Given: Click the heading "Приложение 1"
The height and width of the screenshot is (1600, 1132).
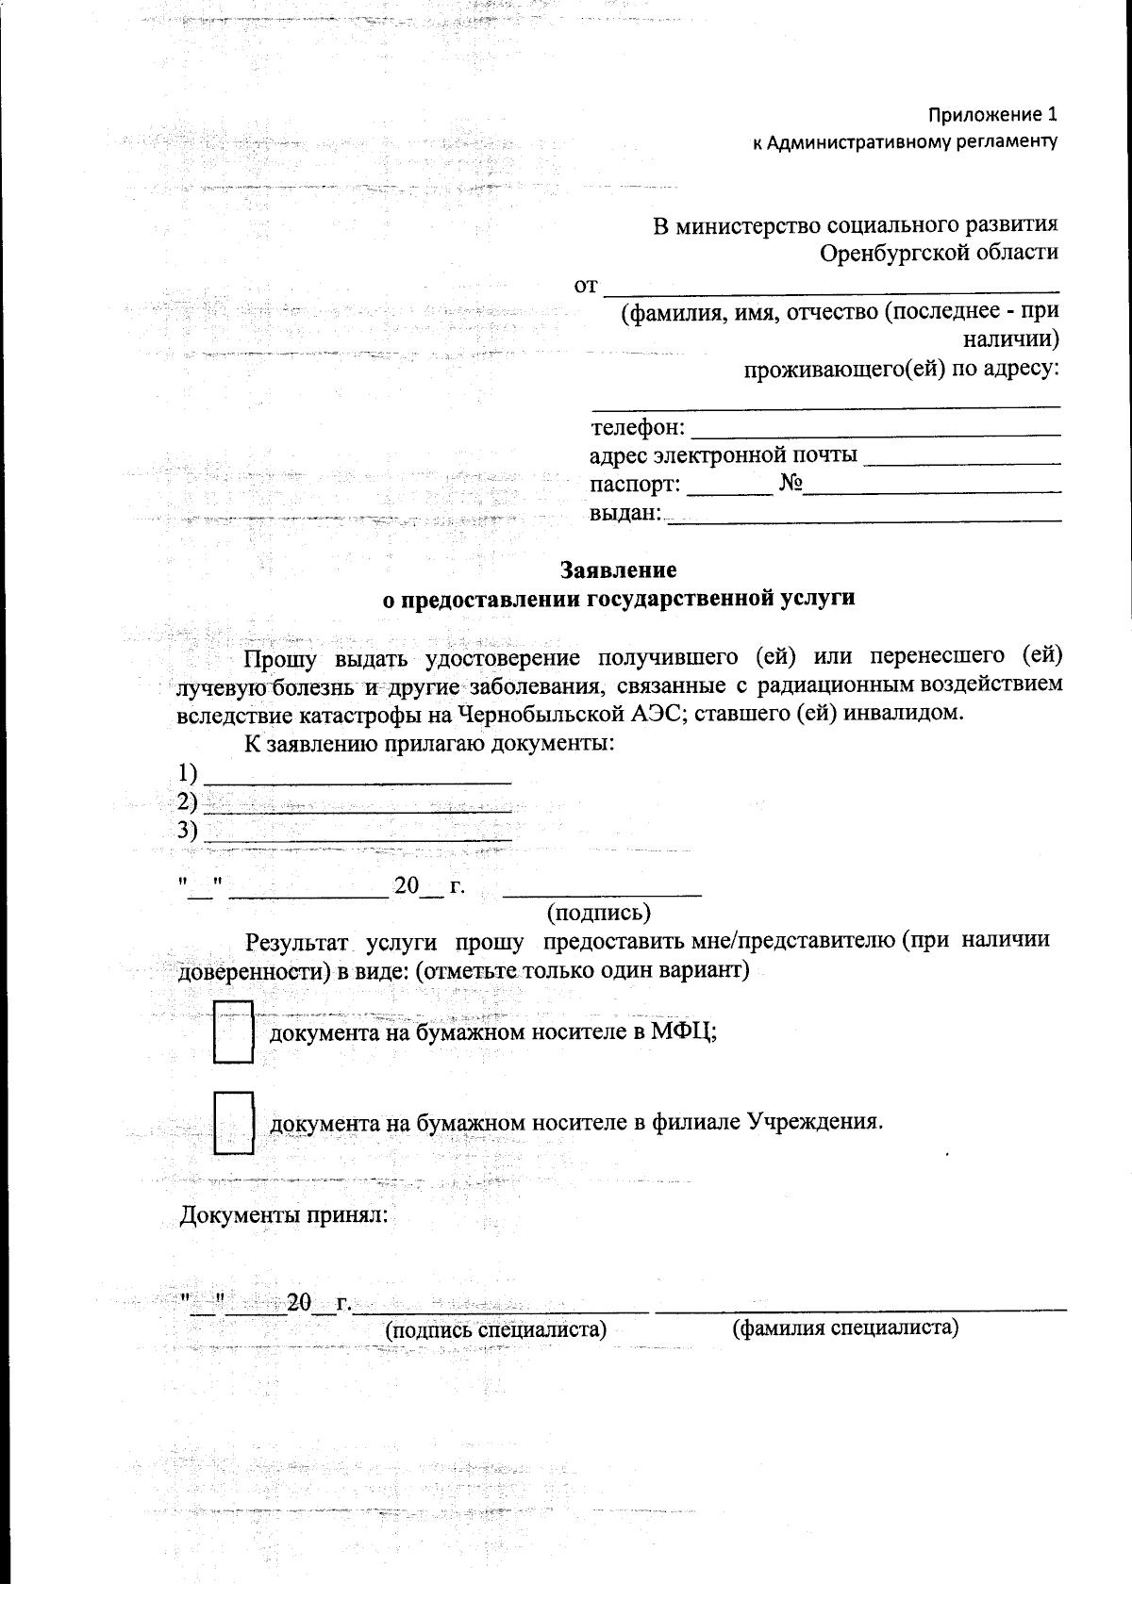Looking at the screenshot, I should click(991, 115).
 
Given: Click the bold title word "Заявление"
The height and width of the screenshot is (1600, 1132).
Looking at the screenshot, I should click(619, 570).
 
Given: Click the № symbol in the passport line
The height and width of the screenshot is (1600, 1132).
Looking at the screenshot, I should click(790, 485).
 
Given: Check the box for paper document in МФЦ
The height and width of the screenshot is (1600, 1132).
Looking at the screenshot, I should click(233, 1031).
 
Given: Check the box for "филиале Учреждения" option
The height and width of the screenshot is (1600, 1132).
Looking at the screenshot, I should click(233, 1122).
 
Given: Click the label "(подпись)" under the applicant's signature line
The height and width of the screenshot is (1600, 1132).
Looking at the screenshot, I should click(599, 912).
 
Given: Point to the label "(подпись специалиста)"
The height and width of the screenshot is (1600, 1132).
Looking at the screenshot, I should click(495, 1329).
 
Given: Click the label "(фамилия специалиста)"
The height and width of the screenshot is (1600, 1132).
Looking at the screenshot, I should click(845, 1328).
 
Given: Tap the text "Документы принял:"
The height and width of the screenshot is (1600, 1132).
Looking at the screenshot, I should click(284, 1214).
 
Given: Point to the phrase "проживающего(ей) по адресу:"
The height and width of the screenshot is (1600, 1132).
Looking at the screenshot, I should click(902, 369).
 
